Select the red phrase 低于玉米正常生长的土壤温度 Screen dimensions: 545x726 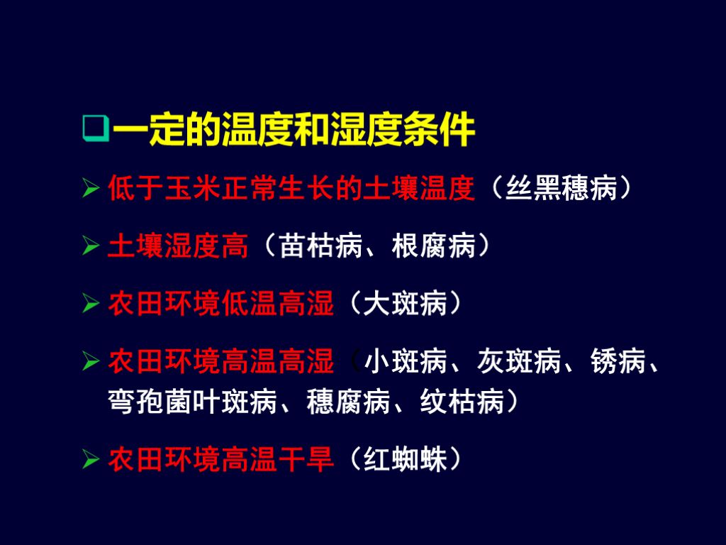[291, 189]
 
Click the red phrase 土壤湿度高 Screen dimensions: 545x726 [178, 246]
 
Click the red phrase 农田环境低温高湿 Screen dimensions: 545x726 [220, 304]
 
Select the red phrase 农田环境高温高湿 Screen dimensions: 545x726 [220, 363]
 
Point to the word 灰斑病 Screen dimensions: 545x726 [519, 363]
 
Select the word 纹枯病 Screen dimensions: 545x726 [462, 402]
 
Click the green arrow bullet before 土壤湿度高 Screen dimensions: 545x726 [90, 247]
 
